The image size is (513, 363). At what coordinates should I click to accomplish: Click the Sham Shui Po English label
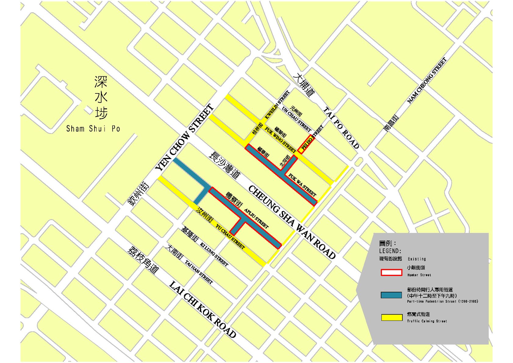click(x=93, y=129)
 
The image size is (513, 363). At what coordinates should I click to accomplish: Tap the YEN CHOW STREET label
click(x=184, y=138)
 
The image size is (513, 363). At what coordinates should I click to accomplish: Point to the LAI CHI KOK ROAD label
click(x=203, y=310)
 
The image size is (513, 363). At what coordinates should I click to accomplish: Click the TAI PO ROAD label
click(x=341, y=127)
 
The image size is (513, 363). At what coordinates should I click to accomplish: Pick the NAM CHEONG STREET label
click(x=427, y=80)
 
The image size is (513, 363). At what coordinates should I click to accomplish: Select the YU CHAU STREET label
click(x=230, y=237)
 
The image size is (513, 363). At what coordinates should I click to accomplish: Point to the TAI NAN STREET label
click(x=199, y=272)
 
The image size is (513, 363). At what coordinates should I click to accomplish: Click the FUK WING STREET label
click(x=280, y=140)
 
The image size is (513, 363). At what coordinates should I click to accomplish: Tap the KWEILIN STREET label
click(x=277, y=105)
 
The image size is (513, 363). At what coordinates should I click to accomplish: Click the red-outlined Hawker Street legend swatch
click(x=391, y=272)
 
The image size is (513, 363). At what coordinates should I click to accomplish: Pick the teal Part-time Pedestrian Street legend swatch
click(x=391, y=295)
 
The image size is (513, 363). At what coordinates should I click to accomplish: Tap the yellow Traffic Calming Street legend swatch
click(x=392, y=318)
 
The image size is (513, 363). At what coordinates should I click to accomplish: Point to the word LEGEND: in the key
click(x=390, y=251)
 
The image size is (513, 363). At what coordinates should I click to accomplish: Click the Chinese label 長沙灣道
click(x=225, y=165)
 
